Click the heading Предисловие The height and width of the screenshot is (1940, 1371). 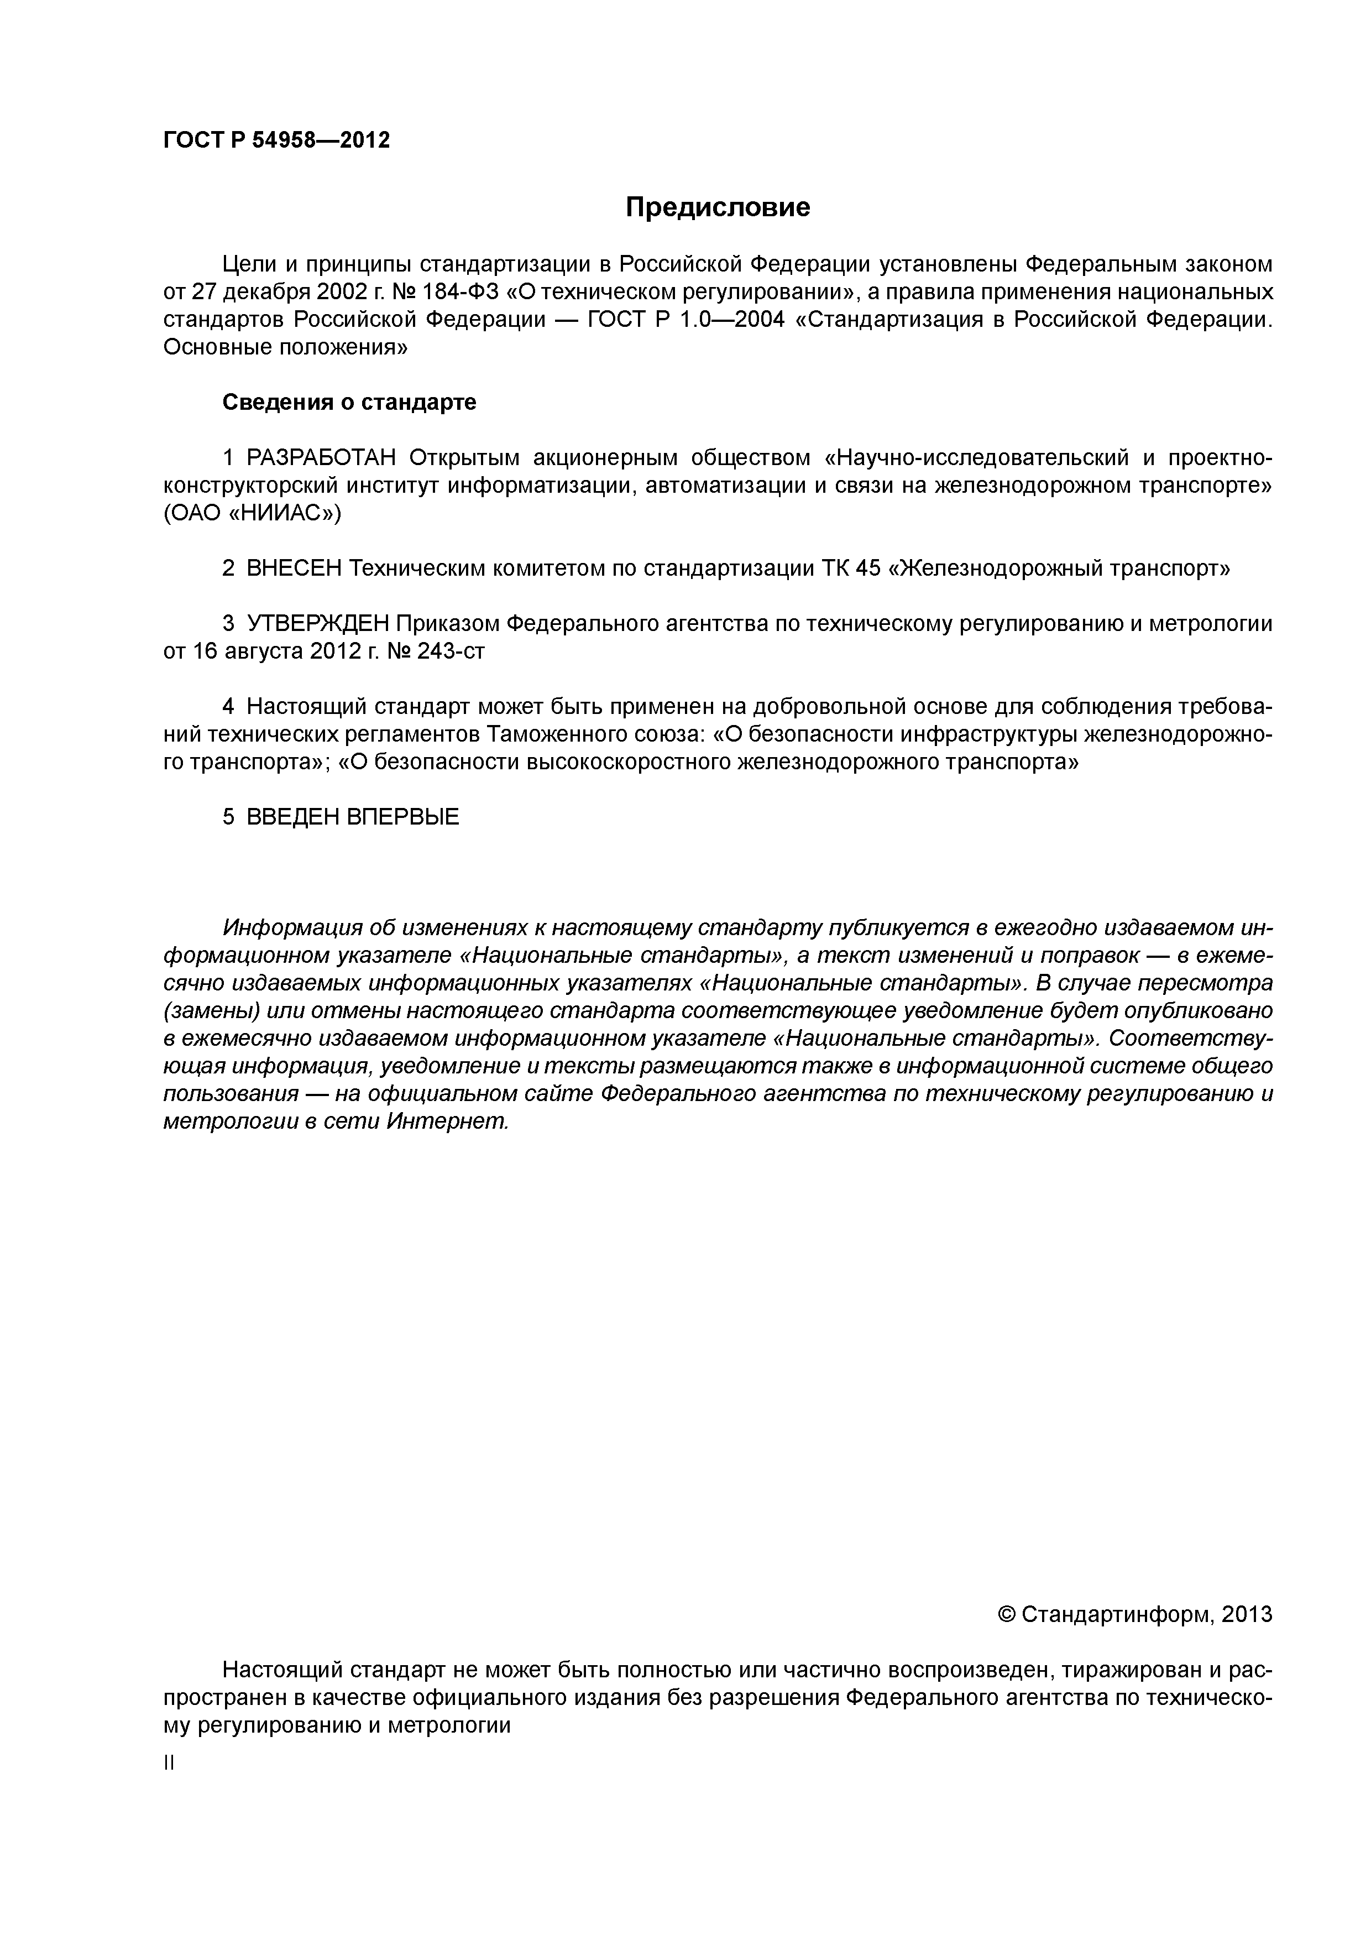(x=717, y=207)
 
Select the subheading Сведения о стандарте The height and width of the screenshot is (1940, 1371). (x=349, y=402)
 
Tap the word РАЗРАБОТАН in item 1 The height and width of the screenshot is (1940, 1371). (x=321, y=458)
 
